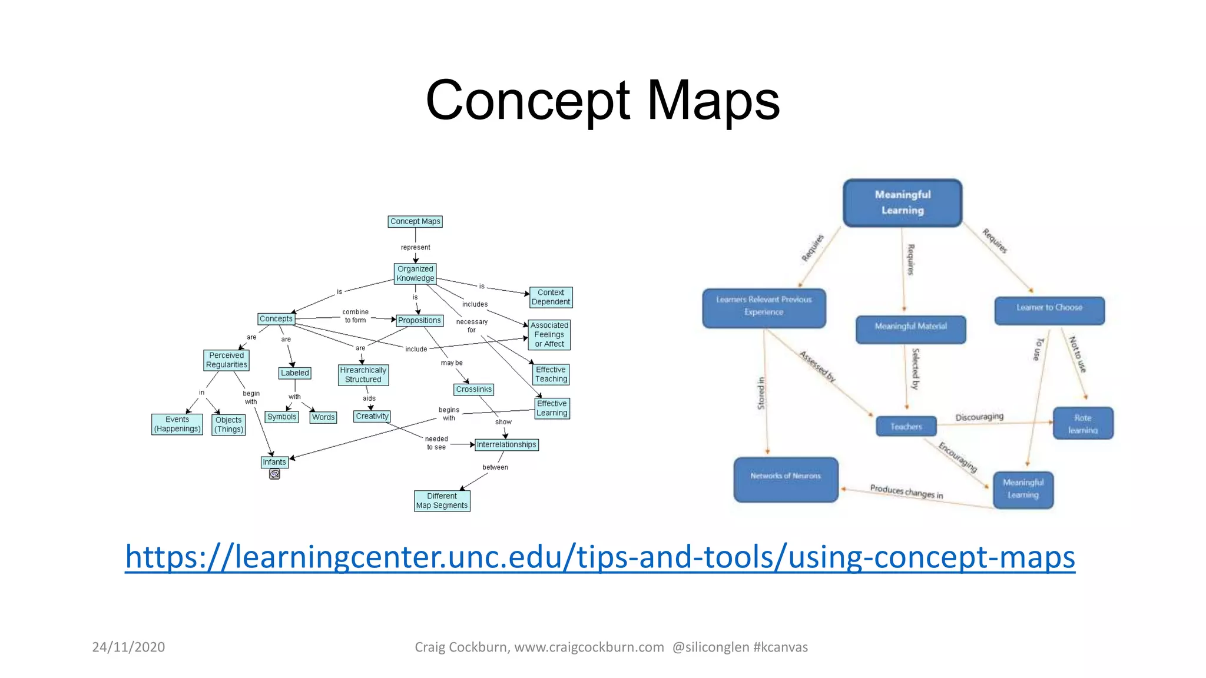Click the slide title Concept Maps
click(602, 100)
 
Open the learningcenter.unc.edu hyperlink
click(599, 557)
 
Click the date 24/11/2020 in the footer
click(128, 647)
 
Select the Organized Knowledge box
click(415, 274)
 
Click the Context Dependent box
click(551, 297)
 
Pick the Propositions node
click(419, 321)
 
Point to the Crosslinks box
click(473, 390)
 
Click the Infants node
click(274, 462)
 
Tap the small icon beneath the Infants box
click(274, 474)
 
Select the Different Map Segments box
click(442, 501)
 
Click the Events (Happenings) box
click(177, 424)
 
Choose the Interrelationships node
click(506, 445)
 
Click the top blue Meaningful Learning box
click(902, 202)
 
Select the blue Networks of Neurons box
click(786, 479)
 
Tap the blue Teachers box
click(906, 426)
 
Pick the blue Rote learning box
click(1082, 424)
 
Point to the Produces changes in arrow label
click(906, 491)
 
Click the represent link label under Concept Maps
click(415, 248)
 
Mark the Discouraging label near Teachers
click(979, 417)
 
